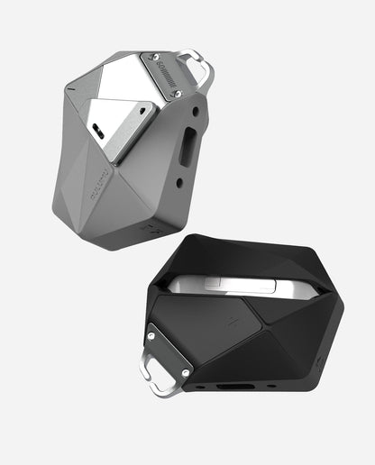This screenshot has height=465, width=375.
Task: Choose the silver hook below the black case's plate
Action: point(148,378)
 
